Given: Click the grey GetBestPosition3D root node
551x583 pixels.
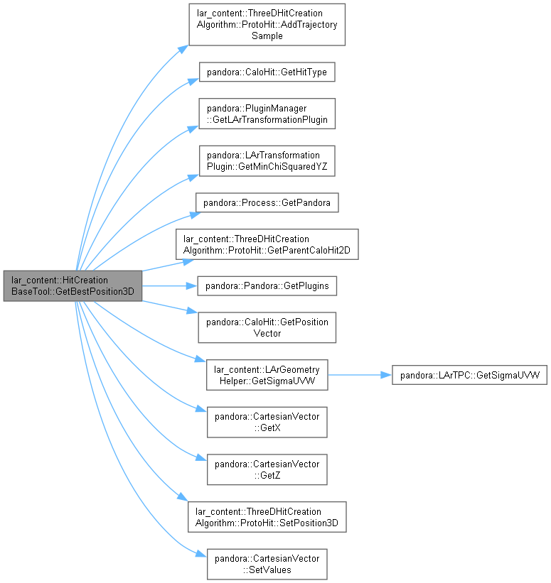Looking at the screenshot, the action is [73, 286].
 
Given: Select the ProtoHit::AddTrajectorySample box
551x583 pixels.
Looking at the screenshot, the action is [267, 25].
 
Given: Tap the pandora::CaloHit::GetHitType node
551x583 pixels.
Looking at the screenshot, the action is [267, 72].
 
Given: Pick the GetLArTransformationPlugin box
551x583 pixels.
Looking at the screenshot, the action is [267, 114].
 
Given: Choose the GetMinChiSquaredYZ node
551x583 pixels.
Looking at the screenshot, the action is [267, 161].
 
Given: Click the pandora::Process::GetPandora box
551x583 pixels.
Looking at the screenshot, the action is [267, 202].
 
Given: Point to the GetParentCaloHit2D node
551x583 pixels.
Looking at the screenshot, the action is [267, 244].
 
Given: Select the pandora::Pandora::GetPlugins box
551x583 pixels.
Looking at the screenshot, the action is [267, 286].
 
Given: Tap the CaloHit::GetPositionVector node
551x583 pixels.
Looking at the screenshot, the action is [267, 327].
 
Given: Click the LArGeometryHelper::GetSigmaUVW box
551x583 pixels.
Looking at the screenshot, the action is [267, 375].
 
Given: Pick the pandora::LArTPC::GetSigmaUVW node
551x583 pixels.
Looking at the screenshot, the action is [469, 375].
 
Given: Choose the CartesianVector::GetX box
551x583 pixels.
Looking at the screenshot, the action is [267, 422].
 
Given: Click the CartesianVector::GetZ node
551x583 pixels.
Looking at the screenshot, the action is [267, 469].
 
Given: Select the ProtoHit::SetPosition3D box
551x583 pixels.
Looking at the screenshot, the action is [267, 517].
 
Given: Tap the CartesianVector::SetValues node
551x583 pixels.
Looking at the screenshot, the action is [267, 564].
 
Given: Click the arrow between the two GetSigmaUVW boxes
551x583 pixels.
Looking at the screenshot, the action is [360, 375].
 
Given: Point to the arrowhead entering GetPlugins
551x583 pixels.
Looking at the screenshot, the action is [192, 286].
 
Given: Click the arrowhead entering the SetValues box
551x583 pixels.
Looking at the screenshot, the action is [201, 555].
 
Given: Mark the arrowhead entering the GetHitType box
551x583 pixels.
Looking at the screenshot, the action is [193, 81].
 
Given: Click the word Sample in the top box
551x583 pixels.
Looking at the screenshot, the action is [267, 36].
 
